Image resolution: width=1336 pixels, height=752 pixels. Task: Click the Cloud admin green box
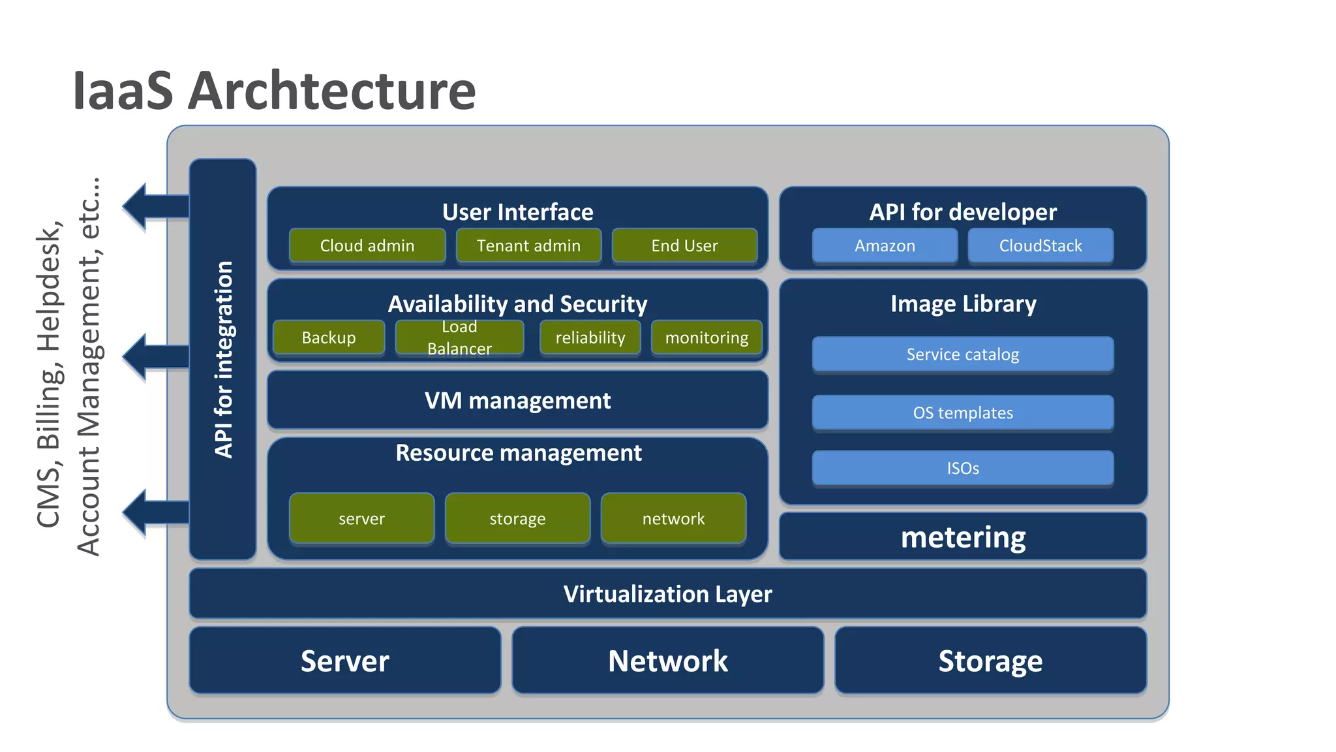click(367, 245)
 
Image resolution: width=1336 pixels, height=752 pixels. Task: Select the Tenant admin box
click(528, 245)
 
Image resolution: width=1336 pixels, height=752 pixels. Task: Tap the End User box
click(684, 245)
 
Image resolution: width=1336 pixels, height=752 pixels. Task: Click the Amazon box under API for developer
click(885, 245)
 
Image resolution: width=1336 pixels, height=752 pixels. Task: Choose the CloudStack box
click(1040, 245)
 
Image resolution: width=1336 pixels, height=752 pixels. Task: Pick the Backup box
click(329, 337)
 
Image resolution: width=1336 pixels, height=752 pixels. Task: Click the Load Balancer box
click(459, 337)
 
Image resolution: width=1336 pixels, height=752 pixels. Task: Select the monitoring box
click(706, 337)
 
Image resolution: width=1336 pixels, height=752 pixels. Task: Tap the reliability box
click(590, 337)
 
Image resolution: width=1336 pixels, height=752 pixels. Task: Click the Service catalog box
click(963, 354)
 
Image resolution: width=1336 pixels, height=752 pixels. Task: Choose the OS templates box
click(963, 413)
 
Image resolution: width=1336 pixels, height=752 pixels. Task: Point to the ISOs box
click(963, 468)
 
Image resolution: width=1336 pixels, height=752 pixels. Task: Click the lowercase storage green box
click(517, 518)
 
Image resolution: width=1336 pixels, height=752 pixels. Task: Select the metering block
click(963, 537)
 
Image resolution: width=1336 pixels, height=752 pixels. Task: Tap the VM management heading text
click(517, 400)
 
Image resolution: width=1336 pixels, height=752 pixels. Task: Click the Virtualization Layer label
click(667, 594)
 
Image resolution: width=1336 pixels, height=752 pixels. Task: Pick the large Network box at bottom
click(667, 661)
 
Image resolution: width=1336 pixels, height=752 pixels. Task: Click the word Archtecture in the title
click(332, 91)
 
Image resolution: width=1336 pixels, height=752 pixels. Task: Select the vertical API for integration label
click(223, 359)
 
